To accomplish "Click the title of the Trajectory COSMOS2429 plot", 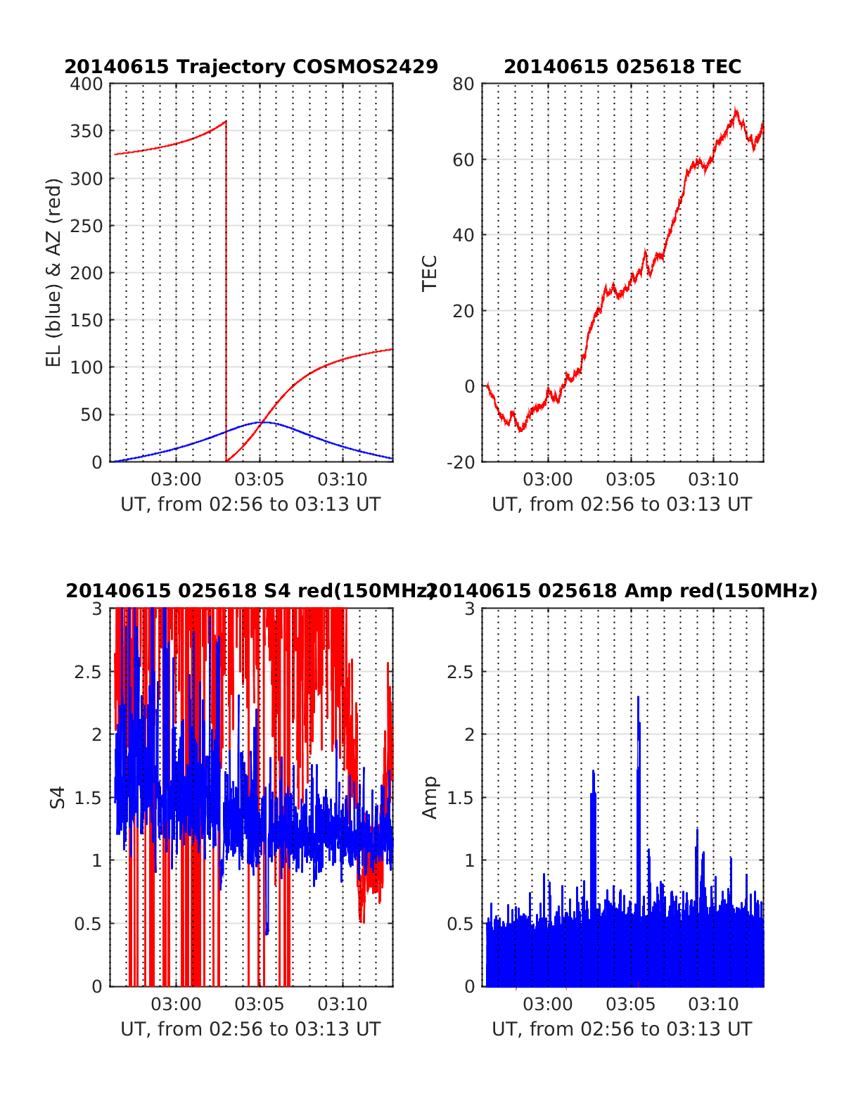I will click(251, 67).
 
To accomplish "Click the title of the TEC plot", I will click(622, 67).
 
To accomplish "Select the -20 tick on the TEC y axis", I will click(461, 461).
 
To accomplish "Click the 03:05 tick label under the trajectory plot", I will click(260, 480).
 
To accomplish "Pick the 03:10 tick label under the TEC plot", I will click(713, 480).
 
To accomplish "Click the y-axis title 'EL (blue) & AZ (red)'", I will click(54, 272).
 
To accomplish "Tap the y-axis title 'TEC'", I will click(429, 273).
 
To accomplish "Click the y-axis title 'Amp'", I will click(429, 797).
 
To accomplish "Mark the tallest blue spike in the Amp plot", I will click(638, 698).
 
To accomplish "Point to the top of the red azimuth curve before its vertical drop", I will click(226, 122).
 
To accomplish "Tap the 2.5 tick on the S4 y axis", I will click(88, 671).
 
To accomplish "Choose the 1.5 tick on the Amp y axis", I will click(461, 797).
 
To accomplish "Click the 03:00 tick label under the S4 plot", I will click(177, 1005).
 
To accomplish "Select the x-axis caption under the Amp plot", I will click(622, 1029).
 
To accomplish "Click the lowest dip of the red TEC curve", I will click(520, 430).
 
